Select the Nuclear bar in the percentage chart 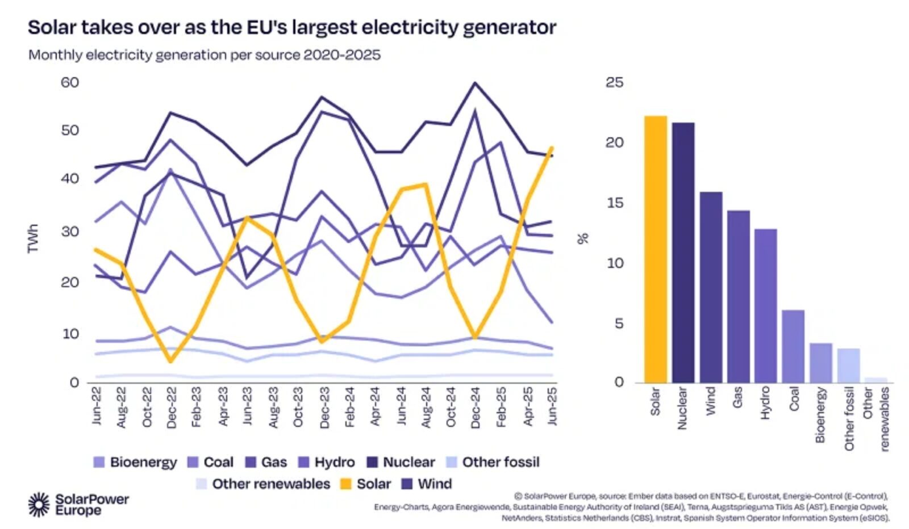click(x=683, y=252)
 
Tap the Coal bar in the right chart click(x=793, y=346)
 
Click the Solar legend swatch click(x=345, y=484)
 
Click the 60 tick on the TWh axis click(x=69, y=82)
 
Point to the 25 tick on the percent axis click(x=614, y=82)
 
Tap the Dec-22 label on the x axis click(x=172, y=407)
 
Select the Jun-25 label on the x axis click(x=552, y=406)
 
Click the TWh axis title click(x=33, y=238)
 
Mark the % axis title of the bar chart click(x=583, y=238)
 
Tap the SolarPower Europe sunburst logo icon click(x=39, y=504)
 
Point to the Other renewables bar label click(x=875, y=419)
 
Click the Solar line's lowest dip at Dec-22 click(x=170, y=360)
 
